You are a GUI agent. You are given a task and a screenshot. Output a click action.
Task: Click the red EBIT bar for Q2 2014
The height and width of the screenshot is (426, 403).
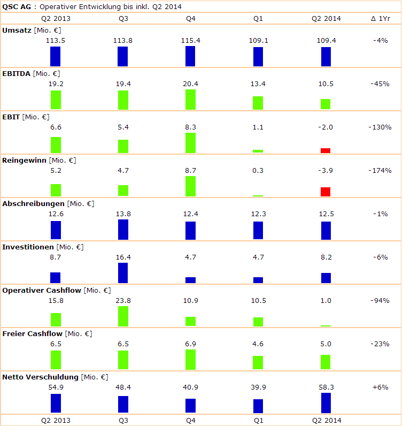(325, 150)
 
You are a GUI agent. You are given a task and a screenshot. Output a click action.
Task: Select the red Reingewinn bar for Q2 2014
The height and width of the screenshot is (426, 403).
(325, 192)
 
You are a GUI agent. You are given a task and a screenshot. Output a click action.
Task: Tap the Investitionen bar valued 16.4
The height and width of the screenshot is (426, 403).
(123, 273)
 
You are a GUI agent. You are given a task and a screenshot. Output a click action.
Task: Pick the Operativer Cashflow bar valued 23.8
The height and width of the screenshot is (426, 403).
(123, 316)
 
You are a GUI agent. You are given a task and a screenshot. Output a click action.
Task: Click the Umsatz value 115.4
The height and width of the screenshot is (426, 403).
(190, 40)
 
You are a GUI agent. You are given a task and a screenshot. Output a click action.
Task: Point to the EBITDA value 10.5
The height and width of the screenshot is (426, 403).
(325, 83)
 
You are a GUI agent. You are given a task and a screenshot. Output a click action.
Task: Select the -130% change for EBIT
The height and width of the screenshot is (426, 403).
(380, 127)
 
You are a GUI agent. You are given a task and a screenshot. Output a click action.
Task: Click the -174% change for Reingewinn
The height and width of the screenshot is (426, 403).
(380, 170)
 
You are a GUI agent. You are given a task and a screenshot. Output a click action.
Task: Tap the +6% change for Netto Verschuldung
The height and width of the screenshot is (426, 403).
(380, 387)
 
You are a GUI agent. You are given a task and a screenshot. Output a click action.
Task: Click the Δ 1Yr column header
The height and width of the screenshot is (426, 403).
(380, 18)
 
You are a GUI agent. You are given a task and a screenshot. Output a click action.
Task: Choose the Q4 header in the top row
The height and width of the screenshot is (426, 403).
(190, 18)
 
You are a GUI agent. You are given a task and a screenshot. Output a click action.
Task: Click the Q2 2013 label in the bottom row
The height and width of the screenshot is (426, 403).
(56, 420)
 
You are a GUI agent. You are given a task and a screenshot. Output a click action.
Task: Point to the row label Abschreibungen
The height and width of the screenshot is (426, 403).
(34, 203)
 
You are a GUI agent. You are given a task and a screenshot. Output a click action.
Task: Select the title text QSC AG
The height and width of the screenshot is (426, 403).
(15, 6)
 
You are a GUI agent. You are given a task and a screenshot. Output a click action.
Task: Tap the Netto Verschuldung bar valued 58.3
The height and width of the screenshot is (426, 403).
(325, 402)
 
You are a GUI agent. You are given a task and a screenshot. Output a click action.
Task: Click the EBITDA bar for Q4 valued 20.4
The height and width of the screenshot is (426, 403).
(190, 100)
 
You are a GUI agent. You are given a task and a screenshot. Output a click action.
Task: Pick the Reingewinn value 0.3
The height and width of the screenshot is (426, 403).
(258, 170)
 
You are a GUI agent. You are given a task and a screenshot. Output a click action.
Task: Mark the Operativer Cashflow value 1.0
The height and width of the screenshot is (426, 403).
(325, 300)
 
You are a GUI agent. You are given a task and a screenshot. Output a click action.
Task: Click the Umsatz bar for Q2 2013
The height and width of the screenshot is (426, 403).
(56, 56)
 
